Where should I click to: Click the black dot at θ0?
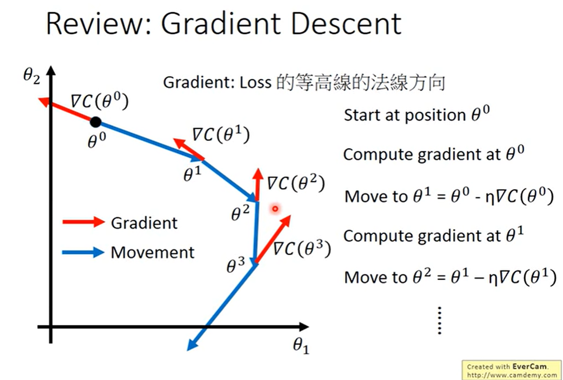[x=96, y=121]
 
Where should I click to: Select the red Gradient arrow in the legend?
[x=84, y=223]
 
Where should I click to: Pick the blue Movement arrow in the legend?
[x=84, y=253]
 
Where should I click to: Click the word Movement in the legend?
[x=153, y=253]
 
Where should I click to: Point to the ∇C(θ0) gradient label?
[x=99, y=102]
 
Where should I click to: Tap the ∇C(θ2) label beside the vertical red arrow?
[x=296, y=184]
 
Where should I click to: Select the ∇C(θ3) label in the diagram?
[x=302, y=249]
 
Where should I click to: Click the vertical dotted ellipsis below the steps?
[x=440, y=321]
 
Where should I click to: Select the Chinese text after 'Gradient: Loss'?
[x=360, y=83]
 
